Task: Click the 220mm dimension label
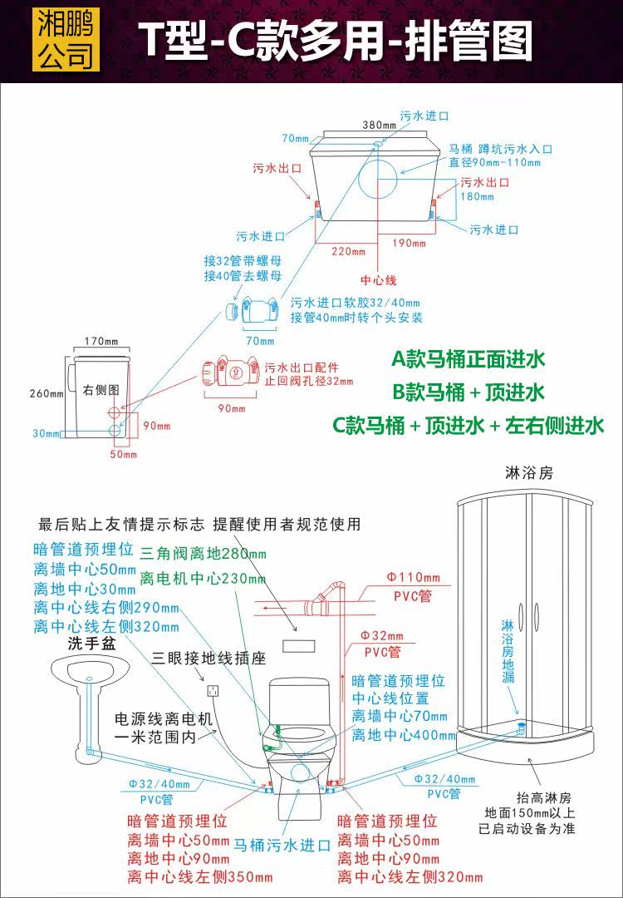tap(349, 249)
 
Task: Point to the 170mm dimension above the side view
tap(102, 341)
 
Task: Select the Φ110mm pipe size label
tap(413, 577)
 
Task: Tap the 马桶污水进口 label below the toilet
tap(282, 846)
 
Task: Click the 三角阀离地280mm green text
tap(203, 554)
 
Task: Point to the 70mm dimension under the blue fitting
tap(259, 341)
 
